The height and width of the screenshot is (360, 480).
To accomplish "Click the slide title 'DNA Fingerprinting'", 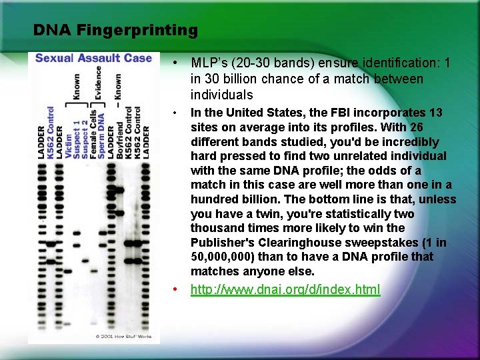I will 115,30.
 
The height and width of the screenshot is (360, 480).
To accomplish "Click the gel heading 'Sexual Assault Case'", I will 93,58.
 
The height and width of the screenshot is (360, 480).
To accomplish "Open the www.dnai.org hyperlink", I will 285,289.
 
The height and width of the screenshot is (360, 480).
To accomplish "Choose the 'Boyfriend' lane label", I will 120,139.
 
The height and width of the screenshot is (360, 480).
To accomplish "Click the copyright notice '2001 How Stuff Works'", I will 123,336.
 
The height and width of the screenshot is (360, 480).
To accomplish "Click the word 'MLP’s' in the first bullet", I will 207,63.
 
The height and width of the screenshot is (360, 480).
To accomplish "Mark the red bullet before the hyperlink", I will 173,289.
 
